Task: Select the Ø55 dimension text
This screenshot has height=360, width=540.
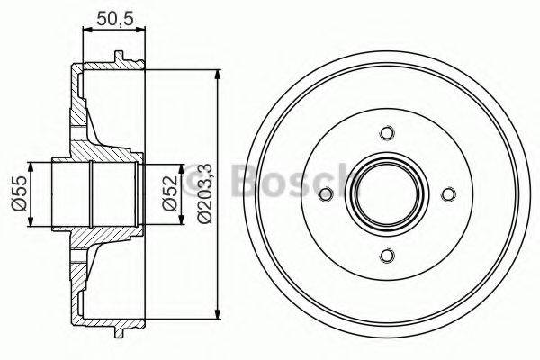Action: click(18, 193)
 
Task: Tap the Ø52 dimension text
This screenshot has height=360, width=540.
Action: click(167, 193)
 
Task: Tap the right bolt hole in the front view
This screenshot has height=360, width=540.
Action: click(448, 194)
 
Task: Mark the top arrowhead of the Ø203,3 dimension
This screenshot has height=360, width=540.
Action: click(218, 73)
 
